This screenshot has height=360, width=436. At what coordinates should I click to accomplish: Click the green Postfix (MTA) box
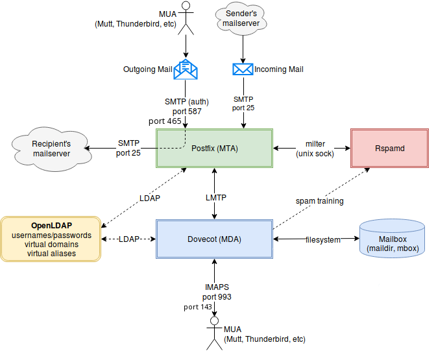[x=214, y=149]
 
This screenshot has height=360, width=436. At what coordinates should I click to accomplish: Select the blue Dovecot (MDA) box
[x=214, y=239]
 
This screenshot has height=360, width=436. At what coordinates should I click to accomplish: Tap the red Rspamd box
[x=389, y=149]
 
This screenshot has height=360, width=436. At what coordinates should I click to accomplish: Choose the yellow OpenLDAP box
[x=51, y=239]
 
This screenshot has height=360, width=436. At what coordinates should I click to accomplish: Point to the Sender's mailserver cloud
[x=242, y=18]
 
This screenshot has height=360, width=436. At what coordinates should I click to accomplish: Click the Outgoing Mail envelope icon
[x=186, y=69]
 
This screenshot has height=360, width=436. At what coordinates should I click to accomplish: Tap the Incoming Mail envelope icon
[x=243, y=69]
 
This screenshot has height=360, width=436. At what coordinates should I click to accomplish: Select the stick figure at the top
[x=186, y=18]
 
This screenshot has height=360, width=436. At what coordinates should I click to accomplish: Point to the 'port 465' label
[x=165, y=121]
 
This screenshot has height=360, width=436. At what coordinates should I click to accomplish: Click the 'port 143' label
[x=198, y=307]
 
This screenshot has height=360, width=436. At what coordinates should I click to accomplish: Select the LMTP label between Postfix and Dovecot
[x=215, y=197]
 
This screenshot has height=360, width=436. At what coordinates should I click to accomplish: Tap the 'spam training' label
[x=320, y=201]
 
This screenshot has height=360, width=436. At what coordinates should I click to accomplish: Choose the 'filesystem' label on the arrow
[x=322, y=240]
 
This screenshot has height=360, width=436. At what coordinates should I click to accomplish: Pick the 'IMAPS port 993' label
[x=215, y=292]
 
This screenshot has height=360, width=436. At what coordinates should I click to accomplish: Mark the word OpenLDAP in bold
[x=51, y=226]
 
